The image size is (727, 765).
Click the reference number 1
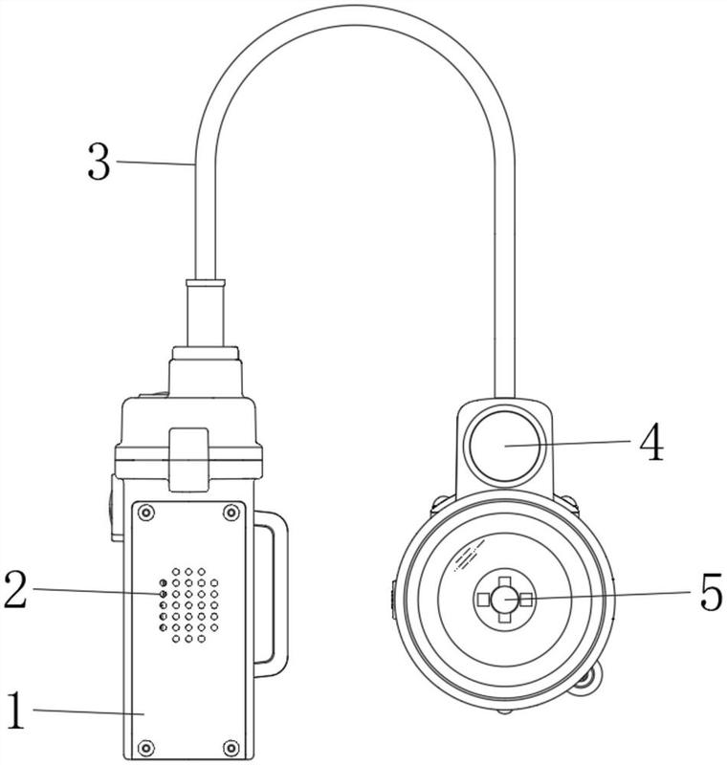click(15, 710)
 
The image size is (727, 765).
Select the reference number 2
click(15, 590)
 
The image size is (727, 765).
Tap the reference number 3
click(99, 162)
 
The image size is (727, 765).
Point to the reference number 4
click(651, 442)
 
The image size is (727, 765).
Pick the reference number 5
click(711, 592)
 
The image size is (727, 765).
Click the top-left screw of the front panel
click(146, 513)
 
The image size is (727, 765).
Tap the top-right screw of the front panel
click(231, 513)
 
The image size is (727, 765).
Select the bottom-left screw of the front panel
click(146, 748)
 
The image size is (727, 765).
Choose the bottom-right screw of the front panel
click(231, 748)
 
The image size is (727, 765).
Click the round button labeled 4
click(505, 446)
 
